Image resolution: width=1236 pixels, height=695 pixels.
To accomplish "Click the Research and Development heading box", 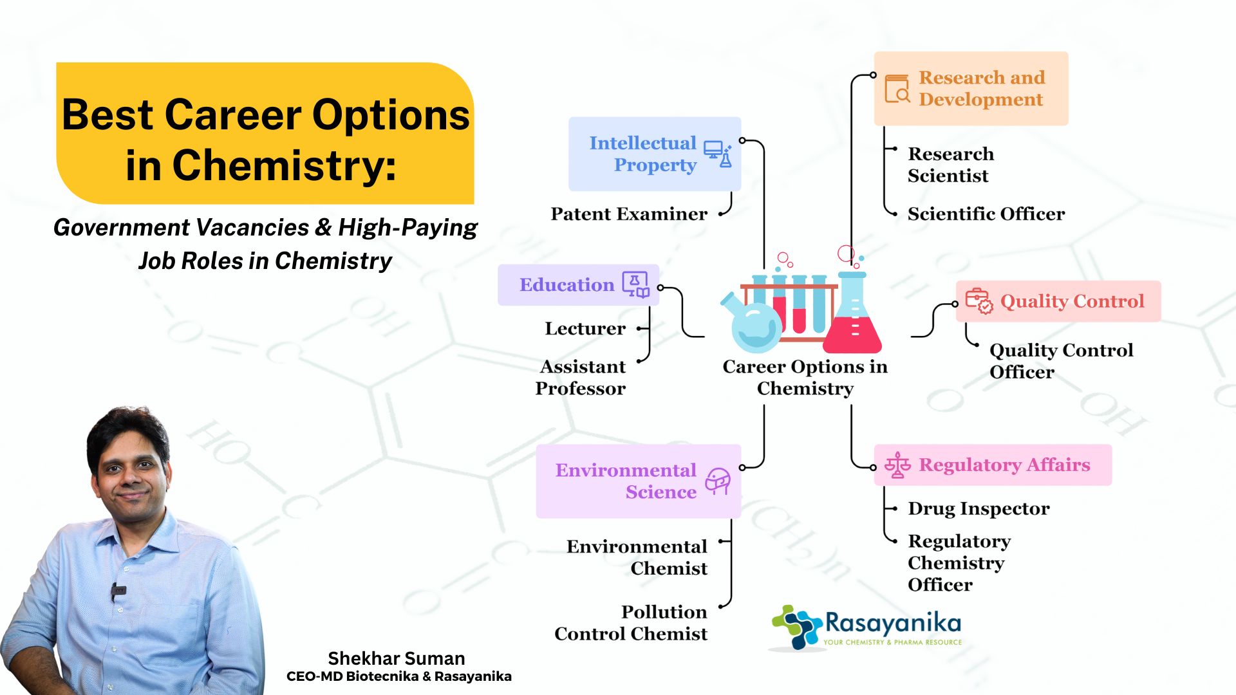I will [x=971, y=88].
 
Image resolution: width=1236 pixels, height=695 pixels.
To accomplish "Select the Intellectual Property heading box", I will [x=654, y=154].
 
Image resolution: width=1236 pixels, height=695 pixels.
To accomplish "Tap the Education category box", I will [x=578, y=284].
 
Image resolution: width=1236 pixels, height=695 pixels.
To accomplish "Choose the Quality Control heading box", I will [x=1058, y=301].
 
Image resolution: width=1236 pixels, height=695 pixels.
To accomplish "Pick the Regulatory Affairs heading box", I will [x=992, y=465].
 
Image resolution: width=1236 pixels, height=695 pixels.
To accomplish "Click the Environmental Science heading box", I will [x=638, y=481].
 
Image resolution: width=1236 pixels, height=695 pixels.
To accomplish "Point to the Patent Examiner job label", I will [x=629, y=214].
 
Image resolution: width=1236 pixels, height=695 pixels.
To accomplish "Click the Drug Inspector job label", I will [x=979, y=508].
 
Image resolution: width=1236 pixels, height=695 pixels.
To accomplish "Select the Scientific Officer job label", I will [x=986, y=214].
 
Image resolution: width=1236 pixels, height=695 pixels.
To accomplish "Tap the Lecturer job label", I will [x=585, y=328].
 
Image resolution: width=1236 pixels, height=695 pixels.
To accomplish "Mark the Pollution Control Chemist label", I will [x=632, y=623].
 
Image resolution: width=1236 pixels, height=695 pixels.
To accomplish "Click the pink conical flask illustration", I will [x=853, y=315].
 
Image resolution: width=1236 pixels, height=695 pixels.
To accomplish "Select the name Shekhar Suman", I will [x=397, y=658].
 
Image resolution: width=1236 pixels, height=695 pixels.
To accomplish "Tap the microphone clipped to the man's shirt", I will [x=118, y=590].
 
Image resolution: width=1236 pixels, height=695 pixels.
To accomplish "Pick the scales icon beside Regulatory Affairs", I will [x=897, y=465].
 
